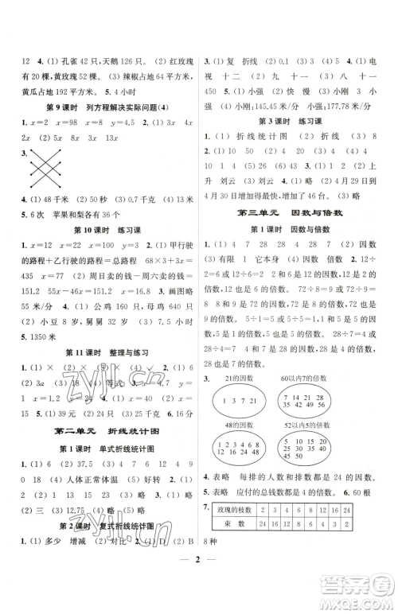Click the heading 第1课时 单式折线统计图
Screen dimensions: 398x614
101,449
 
